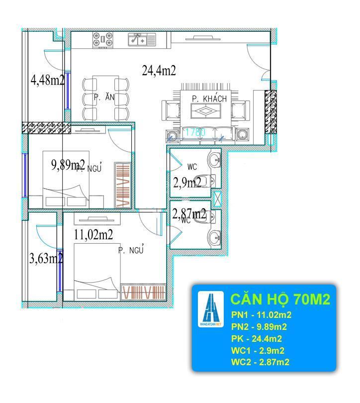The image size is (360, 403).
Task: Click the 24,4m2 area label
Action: coord(159,71)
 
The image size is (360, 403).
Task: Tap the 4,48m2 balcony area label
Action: coord(47,81)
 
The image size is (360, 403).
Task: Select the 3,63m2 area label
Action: coord(46,258)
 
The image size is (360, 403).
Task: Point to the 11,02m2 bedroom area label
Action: coord(93,234)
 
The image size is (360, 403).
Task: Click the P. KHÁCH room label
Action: coord(209,99)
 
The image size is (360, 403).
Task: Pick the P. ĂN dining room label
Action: coord(104,98)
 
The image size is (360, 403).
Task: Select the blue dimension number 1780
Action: coord(195,132)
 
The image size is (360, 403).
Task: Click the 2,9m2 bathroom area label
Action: coord(187,183)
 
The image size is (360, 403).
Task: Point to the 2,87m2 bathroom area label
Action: coord(189,214)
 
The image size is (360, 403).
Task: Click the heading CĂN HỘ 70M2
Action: coord(280,300)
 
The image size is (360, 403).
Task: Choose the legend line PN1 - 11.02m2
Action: coord(261,315)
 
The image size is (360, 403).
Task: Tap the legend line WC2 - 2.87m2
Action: coord(260,362)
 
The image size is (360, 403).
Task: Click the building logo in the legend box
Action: coord(211,308)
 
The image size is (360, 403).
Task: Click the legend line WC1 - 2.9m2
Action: coord(258,351)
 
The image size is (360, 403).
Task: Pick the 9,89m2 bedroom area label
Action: coord(68,165)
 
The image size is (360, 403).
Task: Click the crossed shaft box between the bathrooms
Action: coord(217,199)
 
